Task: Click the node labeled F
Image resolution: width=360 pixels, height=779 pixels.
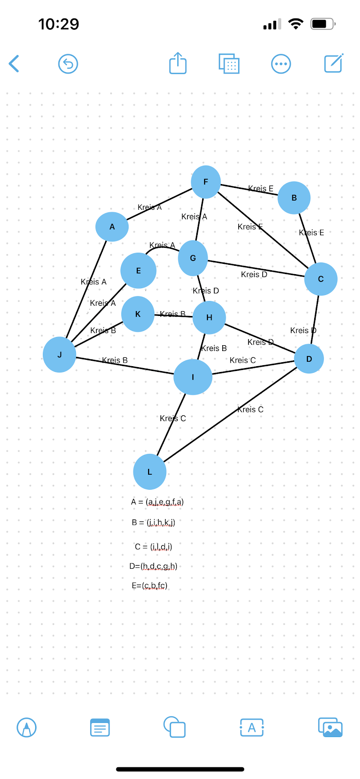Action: pyautogui.click(x=206, y=182)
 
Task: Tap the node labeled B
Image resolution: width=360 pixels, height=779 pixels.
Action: pyautogui.click(x=294, y=198)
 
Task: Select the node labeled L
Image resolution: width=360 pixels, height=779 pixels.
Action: pyautogui.click(x=150, y=472)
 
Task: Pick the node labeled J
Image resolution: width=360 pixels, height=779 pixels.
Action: pyautogui.click(x=59, y=354)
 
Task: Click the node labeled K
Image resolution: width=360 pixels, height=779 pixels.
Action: pyautogui.click(x=138, y=314)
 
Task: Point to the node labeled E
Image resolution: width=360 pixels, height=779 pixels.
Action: pyautogui.click(x=138, y=271)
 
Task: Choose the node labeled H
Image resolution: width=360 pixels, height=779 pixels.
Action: pyautogui.click(x=209, y=317)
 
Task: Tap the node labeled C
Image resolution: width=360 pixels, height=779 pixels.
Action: pyautogui.click(x=321, y=279)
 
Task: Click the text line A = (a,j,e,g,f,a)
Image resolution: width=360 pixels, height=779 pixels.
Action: pyautogui.click(x=157, y=502)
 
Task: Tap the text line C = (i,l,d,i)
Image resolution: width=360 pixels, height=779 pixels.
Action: pyautogui.click(x=153, y=547)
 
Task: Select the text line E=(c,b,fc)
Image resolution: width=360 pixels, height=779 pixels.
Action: pyautogui.click(x=150, y=586)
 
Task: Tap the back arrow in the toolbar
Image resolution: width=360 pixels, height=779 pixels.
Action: pyautogui.click(x=14, y=64)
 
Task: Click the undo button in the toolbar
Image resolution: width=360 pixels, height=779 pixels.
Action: pyautogui.click(x=68, y=64)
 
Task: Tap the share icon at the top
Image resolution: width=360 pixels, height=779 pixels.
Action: pyautogui.click(x=178, y=64)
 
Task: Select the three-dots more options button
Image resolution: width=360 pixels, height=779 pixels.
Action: pyautogui.click(x=281, y=64)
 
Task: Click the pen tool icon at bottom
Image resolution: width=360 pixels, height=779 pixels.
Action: pyautogui.click(x=27, y=728)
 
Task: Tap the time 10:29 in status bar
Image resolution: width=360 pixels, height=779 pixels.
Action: pyautogui.click(x=58, y=24)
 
